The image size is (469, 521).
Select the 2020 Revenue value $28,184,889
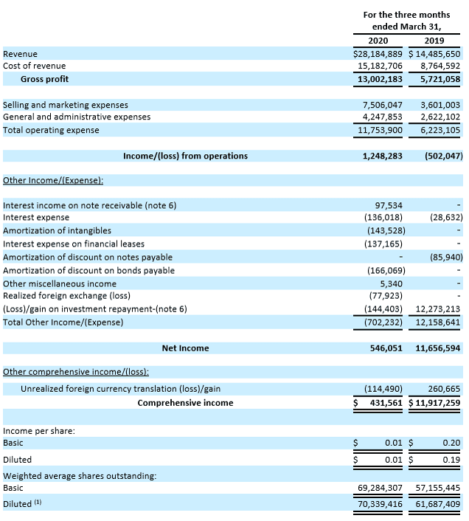[x=378, y=54]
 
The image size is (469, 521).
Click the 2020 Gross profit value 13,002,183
[x=378, y=79]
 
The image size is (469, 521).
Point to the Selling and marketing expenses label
[x=66, y=105]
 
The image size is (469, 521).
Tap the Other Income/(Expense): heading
[x=53, y=180]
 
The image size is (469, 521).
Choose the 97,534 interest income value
[x=389, y=205]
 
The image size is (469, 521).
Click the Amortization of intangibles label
[x=57, y=230]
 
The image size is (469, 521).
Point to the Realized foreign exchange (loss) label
[x=66, y=295]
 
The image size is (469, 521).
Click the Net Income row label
[x=185, y=348]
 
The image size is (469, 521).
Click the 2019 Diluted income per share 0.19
[x=451, y=459]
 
